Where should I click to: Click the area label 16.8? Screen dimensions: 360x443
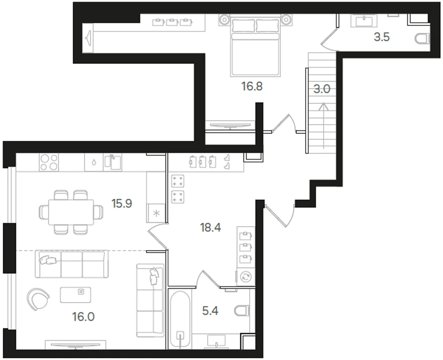click(252, 86)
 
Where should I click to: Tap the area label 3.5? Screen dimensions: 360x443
click(382, 38)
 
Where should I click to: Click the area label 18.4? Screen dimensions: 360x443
click(210, 228)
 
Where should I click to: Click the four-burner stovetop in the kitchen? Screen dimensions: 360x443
click(50, 162)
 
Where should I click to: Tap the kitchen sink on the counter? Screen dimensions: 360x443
click(113, 162)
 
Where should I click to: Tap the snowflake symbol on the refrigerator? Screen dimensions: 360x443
click(156, 213)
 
